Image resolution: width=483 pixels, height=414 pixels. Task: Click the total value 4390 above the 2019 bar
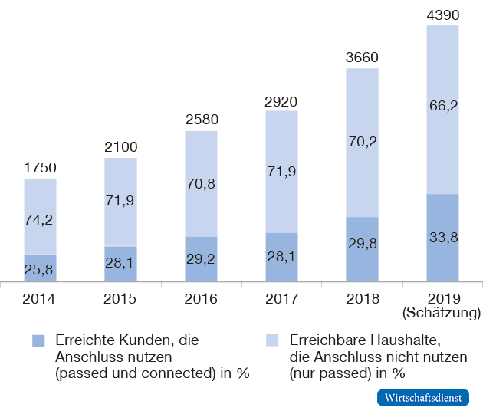[442, 15]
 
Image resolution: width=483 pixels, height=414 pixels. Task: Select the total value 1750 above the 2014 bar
[40, 168]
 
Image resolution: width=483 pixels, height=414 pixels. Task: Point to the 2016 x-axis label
[201, 298]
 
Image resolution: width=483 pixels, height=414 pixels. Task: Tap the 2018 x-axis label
[362, 298]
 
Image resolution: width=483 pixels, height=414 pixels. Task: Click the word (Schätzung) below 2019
[442, 313]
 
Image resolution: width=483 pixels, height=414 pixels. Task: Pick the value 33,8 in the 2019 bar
[442, 238]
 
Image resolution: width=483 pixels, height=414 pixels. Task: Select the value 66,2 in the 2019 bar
[442, 106]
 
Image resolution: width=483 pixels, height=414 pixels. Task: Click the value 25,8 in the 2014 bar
[40, 268]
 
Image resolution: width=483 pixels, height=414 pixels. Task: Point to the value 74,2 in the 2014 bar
[40, 219]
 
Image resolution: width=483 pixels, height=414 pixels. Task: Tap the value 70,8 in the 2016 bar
[201, 184]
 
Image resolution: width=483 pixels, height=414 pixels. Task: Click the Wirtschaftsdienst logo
[425, 399]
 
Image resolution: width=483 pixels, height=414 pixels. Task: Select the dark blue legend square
[38, 340]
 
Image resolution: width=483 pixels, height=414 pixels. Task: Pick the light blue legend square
[272, 340]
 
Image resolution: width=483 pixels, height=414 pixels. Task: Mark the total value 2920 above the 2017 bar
[281, 100]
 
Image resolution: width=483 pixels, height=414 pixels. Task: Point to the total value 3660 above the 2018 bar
[362, 58]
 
